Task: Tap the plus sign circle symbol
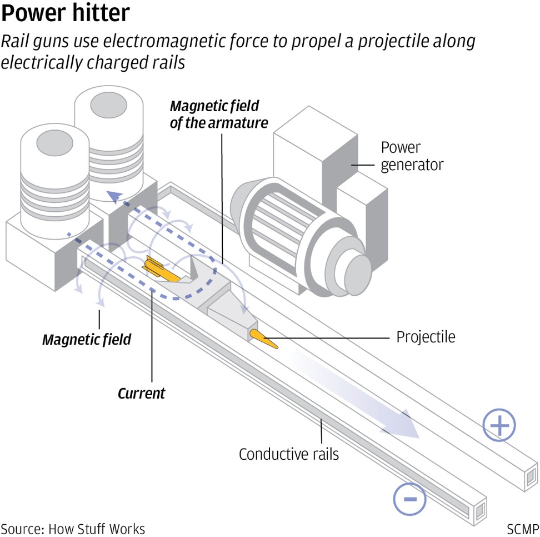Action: [499, 426]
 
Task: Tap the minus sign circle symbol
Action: [409, 498]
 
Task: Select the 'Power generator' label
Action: [412, 156]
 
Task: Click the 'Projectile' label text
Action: [426, 337]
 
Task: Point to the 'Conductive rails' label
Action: [288, 454]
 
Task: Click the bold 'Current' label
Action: [141, 394]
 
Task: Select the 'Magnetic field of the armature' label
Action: [218, 114]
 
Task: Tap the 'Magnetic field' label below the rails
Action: [87, 339]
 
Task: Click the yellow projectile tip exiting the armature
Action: [264, 339]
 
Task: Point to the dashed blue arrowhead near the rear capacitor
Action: [116, 196]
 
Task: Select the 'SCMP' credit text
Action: [522, 528]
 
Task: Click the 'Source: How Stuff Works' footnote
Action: [73, 528]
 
